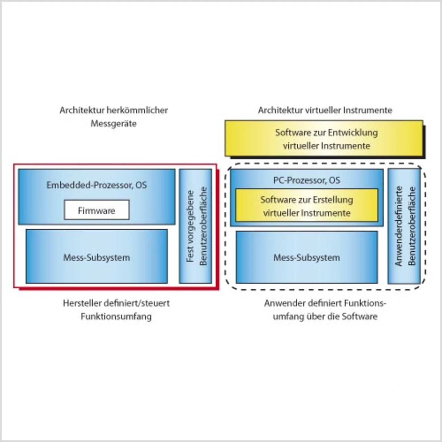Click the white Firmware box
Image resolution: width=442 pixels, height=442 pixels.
pyautogui.click(x=96, y=210)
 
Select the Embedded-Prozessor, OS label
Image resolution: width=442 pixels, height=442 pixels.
pyautogui.click(x=96, y=185)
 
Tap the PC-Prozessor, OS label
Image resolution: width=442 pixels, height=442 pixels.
pyautogui.click(x=306, y=180)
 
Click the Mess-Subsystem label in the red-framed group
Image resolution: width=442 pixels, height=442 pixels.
pyautogui.click(x=96, y=257)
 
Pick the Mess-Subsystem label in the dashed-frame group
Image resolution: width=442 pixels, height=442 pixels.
pyautogui.click(x=306, y=257)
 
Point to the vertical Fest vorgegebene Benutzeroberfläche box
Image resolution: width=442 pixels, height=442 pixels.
pyautogui.click(x=196, y=226)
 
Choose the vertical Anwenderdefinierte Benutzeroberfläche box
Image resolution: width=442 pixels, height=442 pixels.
pyautogui.click(x=404, y=226)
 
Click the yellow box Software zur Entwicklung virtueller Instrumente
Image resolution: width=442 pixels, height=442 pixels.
pyautogui.click(x=324, y=138)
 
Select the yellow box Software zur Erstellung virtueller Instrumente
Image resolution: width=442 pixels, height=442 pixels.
pyautogui.click(x=306, y=206)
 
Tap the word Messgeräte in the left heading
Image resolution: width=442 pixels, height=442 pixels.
pyautogui.click(x=113, y=124)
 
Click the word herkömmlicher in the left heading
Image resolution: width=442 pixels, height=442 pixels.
pyautogui.click(x=137, y=110)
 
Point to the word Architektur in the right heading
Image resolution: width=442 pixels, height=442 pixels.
pyautogui.click(x=280, y=110)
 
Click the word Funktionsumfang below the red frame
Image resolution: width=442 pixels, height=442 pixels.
pyautogui.click(x=116, y=316)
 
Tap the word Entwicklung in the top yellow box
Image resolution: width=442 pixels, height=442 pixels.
pyautogui.click(x=353, y=133)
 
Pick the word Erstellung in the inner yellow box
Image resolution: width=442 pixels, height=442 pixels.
pyautogui.click(x=333, y=200)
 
